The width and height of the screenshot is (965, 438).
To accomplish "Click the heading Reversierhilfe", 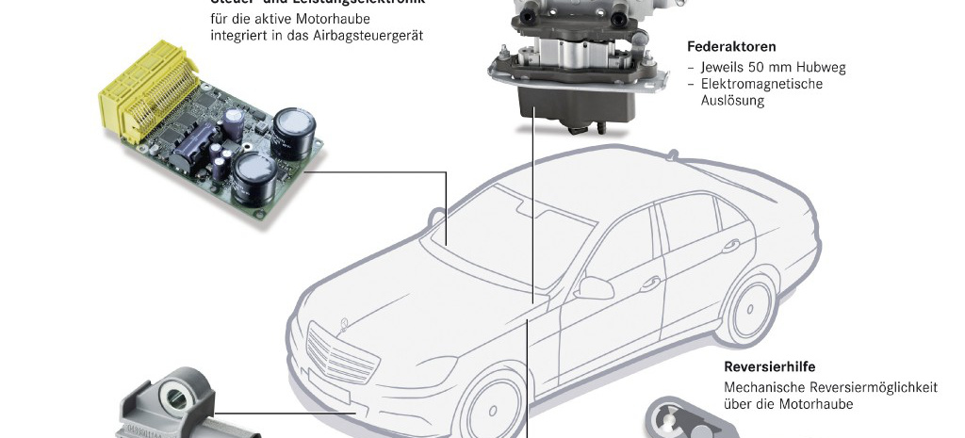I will click(x=769, y=367).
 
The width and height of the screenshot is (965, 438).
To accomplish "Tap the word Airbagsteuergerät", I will click(x=370, y=35).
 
